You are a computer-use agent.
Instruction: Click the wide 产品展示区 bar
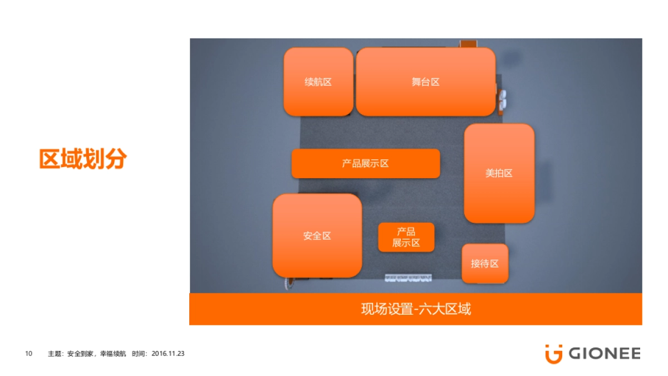point(365,163)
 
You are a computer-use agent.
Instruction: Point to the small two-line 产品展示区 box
point(406,238)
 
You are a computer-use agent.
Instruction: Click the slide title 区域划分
point(83,159)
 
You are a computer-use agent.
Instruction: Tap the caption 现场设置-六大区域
point(415,309)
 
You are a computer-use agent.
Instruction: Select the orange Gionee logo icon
point(553,354)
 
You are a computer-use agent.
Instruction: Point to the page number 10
point(29,354)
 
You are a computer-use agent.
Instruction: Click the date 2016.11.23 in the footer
point(168,354)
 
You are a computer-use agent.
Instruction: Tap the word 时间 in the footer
point(139,354)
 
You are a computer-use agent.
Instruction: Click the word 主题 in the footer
point(54,354)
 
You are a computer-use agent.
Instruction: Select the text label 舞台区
point(425,82)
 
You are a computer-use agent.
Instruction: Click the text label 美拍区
point(499,173)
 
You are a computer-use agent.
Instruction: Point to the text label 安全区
point(317,236)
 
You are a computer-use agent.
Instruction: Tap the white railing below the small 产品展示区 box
point(409,277)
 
